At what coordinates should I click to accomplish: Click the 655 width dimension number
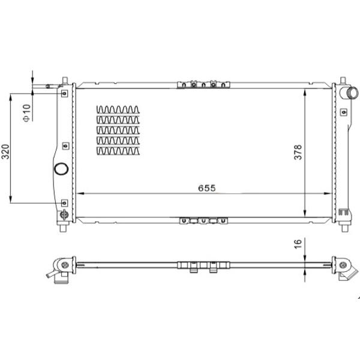coord(207,188)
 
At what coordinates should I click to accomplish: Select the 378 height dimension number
coord(298,152)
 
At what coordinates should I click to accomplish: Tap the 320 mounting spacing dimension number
coord(5,152)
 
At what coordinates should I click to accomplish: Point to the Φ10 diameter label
coord(26,113)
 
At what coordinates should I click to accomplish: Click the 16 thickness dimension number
coord(298,244)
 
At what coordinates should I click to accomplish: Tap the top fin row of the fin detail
coord(118,110)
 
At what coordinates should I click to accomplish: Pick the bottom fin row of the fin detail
coord(118,151)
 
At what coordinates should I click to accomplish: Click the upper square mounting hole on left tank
coord(65,94)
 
